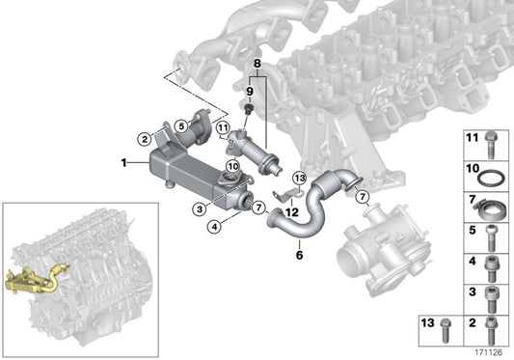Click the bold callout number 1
[x=124, y=163]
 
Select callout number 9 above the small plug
[x=248, y=92]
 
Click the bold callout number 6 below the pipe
[x=299, y=256]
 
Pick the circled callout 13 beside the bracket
[x=298, y=179]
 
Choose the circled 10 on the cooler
[x=231, y=167]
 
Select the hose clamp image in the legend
[x=491, y=205]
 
